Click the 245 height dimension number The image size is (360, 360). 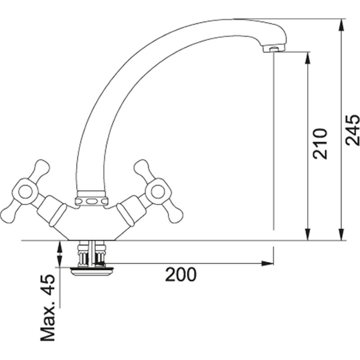pyautogui.click(x=353, y=130)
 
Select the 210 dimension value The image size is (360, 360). pyautogui.click(x=320, y=144)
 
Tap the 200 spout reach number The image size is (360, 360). pyautogui.click(x=181, y=274)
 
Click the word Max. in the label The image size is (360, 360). pyautogui.click(x=48, y=322)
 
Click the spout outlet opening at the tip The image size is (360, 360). pyautogui.click(x=274, y=49)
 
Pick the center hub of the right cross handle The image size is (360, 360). pyautogui.click(x=158, y=192)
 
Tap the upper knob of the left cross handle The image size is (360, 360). pyautogui.click(x=41, y=167)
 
